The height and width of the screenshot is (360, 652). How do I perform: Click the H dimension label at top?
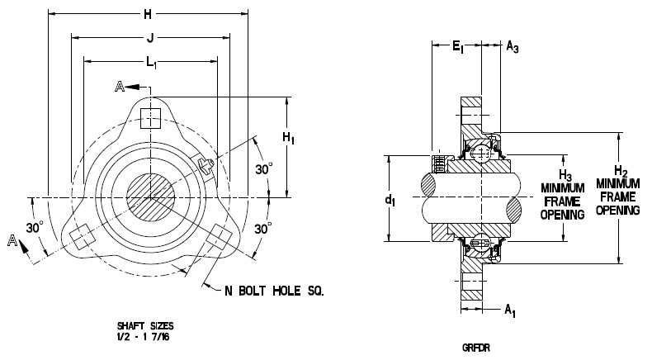149,14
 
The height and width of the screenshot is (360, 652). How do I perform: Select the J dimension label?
149,36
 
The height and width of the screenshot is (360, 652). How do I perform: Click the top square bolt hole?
149,116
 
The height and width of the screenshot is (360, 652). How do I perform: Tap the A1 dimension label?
513,311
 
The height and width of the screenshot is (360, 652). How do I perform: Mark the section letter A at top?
121,86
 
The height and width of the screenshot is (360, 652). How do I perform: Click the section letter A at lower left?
12,240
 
